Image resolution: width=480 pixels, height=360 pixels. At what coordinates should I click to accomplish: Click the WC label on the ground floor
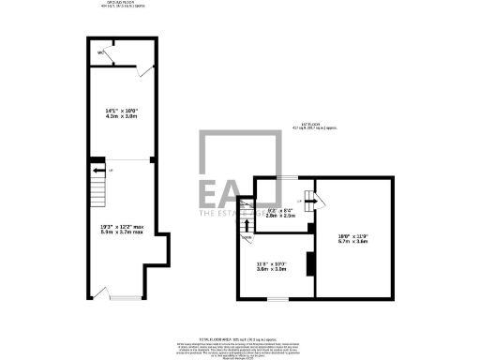click(x=99, y=66)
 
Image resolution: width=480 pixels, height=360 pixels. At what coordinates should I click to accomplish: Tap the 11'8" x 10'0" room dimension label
click(x=272, y=267)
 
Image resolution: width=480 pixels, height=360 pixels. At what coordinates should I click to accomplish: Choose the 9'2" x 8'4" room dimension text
click(x=281, y=213)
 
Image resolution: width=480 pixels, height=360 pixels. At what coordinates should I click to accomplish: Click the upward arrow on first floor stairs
click(x=247, y=222)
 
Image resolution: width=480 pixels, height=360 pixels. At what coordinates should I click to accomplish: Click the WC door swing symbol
click(x=112, y=57)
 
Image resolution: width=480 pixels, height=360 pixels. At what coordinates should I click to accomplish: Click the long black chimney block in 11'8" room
click(x=307, y=263)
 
